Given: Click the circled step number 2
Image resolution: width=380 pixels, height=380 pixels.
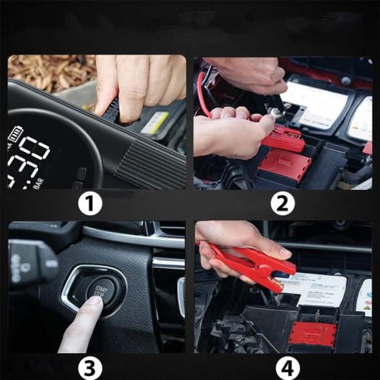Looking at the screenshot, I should pyautogui.click(x=283, y=204).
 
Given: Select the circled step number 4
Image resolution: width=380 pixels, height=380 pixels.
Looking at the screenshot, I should pyautogui.click(x=283, y=368).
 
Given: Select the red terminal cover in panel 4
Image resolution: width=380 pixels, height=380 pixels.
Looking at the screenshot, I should pyautogui.click(x=313, y=332).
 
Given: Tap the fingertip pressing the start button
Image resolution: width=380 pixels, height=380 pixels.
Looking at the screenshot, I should pyautogui.click(x=88, y=306).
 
